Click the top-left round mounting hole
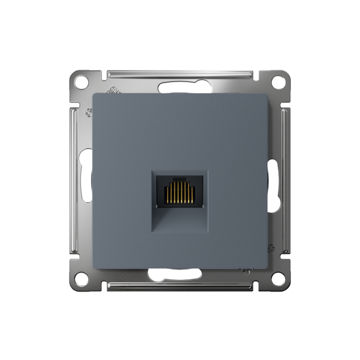point(81,83)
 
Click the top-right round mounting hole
point(279,82)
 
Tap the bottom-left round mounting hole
point(81,279)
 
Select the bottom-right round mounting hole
point(279,279)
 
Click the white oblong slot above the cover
point(180,86)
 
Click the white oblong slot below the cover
point(175,274)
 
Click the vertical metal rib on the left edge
point(75,180)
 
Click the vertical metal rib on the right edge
point(285,180)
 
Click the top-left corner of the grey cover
point(94,94)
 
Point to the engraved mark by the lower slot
point(246,272)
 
